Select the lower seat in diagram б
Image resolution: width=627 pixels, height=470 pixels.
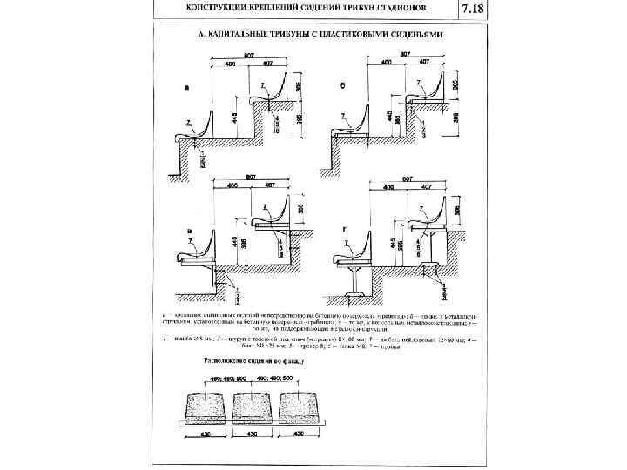click(x=348, y=130)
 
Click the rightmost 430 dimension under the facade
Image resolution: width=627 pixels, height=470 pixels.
click(x=299, y=433)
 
